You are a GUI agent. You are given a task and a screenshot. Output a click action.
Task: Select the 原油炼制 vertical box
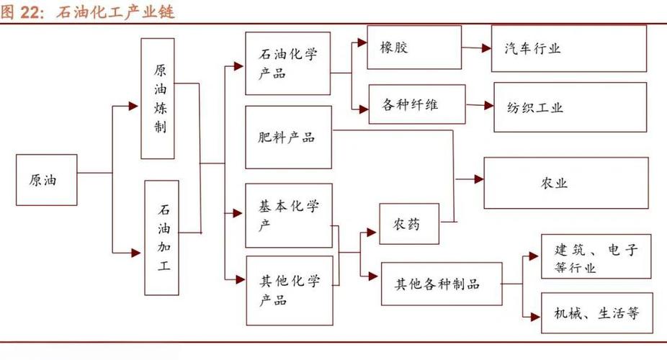tap(158, 99)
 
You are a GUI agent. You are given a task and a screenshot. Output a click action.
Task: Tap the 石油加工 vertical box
tap(161, 238)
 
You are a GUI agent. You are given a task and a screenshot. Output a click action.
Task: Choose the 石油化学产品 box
tap(287, 63)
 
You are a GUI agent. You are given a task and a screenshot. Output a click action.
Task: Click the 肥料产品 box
tap(288, 138)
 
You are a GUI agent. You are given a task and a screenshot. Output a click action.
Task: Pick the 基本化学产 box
tap(288, 215)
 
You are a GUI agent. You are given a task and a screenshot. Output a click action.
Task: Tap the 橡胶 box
tap(414, 48)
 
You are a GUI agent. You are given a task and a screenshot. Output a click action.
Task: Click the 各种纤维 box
tap(415, 105)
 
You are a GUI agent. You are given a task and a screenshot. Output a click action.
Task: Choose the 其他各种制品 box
tap(441, 284)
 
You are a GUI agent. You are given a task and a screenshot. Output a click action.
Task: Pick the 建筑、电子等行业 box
tap(596, 256)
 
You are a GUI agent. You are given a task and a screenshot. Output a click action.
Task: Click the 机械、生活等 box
tap(596, 312)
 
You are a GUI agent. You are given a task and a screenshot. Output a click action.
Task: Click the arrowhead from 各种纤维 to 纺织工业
tap(488, 106)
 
